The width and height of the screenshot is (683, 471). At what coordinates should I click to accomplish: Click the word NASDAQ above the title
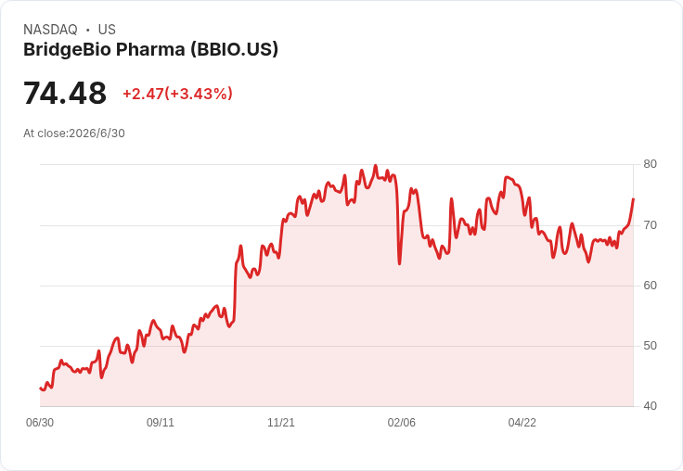pos(50,30)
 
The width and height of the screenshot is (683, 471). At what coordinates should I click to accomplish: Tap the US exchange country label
pos(107,30)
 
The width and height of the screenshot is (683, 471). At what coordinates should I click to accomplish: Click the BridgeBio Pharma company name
pos(104,50)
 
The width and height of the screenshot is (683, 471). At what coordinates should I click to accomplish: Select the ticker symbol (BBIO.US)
pos(234,50)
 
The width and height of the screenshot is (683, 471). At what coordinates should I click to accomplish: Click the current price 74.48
pos(65,93)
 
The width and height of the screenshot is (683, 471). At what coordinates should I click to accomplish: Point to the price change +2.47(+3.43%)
pos(178,94)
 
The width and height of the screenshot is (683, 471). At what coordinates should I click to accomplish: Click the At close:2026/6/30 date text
pos(74,134)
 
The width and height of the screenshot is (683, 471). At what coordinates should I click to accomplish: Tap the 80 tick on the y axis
pos(650,164)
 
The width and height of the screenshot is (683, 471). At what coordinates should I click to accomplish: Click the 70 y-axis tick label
pos(650,225)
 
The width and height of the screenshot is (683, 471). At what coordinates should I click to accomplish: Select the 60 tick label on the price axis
pos(650,286)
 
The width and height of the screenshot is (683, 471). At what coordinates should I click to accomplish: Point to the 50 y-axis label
pos(650,346)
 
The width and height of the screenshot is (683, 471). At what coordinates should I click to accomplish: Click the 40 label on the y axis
pos(650,406)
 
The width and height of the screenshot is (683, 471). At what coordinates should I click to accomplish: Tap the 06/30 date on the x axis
pos(40,423)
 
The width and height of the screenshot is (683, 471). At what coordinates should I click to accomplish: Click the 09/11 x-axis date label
pos(161,423)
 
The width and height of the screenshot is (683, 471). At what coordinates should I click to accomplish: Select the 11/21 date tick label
pos(281,423)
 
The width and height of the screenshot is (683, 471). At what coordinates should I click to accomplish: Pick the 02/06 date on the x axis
pos(402,423)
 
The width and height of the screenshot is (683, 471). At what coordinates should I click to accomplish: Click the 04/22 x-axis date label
pos(522,423)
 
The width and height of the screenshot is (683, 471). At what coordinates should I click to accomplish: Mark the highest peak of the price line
pos(376,166)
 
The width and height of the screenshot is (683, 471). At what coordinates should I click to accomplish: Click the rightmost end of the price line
pos(633,199)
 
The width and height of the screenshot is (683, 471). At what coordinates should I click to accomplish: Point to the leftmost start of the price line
pos(40,388)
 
